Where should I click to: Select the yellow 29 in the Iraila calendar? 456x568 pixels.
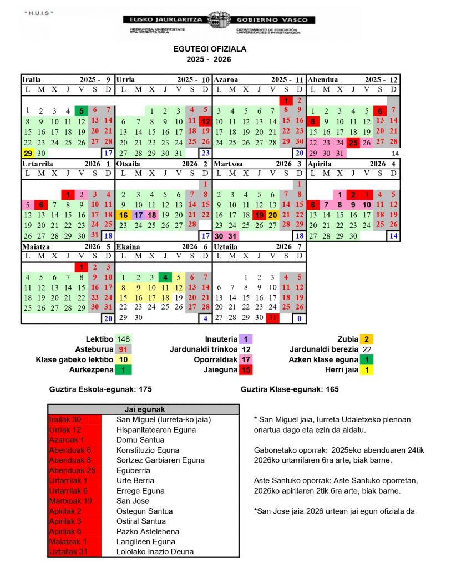(x=27, y=153)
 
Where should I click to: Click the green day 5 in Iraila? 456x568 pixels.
(x=81, y=111)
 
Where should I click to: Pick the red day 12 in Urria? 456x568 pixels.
(x=205, y=121)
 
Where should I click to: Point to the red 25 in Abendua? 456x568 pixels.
(x=353, y=143)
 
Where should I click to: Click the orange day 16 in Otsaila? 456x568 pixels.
(x=123, y=215)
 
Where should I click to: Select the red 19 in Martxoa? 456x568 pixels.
(x=259, y=215)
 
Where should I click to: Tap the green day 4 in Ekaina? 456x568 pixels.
(x=164, y=277)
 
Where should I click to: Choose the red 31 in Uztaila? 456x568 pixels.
(x=272, y=318)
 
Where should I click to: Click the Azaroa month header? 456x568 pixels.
(x=226, y=79)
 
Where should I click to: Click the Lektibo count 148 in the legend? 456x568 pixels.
(x=124, y=339)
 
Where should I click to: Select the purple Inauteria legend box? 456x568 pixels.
(x=245, y=339)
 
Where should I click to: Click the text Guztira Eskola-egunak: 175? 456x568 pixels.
(x=100, y=389)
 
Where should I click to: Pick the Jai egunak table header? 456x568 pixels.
(x=144, y=409)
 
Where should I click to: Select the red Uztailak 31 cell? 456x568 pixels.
(x=74, y=551)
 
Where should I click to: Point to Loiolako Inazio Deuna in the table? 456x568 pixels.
(x=155, y=551)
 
